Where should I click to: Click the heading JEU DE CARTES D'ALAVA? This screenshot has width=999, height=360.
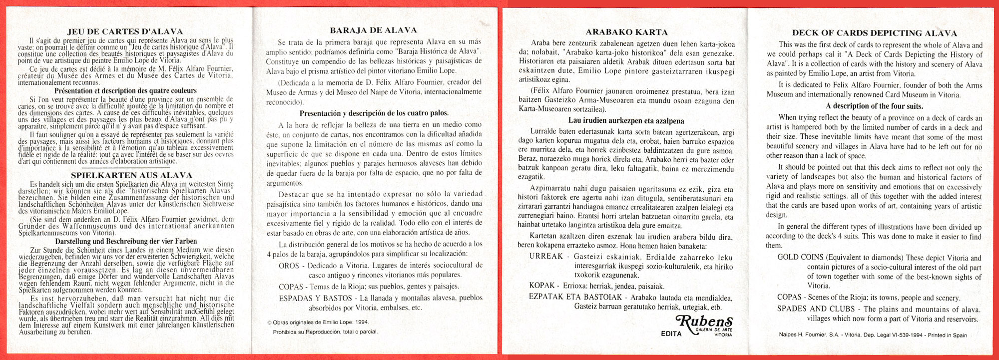(x=125, y=31)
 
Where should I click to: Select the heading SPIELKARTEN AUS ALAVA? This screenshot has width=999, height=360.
(x=131, y=175)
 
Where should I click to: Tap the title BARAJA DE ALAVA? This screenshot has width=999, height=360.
(x=373, y=30)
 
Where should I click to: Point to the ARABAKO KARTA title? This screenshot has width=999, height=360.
(x=626, y=32)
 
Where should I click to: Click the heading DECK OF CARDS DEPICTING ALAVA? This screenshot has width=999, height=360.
(x=874, y=33)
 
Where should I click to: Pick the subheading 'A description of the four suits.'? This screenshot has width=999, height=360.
(x=874, y=106)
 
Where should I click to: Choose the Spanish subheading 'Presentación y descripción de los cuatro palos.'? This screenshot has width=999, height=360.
(x=374, y=113)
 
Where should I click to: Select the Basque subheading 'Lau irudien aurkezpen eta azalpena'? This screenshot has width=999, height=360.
(x=626, y=121)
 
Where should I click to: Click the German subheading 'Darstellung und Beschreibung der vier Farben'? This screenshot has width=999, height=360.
(x=125, y=241)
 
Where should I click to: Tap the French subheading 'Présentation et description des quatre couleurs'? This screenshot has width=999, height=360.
(x=125, y=91)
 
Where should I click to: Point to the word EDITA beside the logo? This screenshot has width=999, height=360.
(x=671, y=334)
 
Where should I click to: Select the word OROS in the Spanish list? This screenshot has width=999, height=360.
(x=289, y=266)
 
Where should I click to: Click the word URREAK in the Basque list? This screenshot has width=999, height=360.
(x=546, y=257)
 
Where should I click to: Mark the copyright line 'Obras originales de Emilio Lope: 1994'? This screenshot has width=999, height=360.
(x=318, y=323)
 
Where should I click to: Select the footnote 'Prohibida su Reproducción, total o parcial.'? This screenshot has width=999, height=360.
(x=325, y=332)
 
